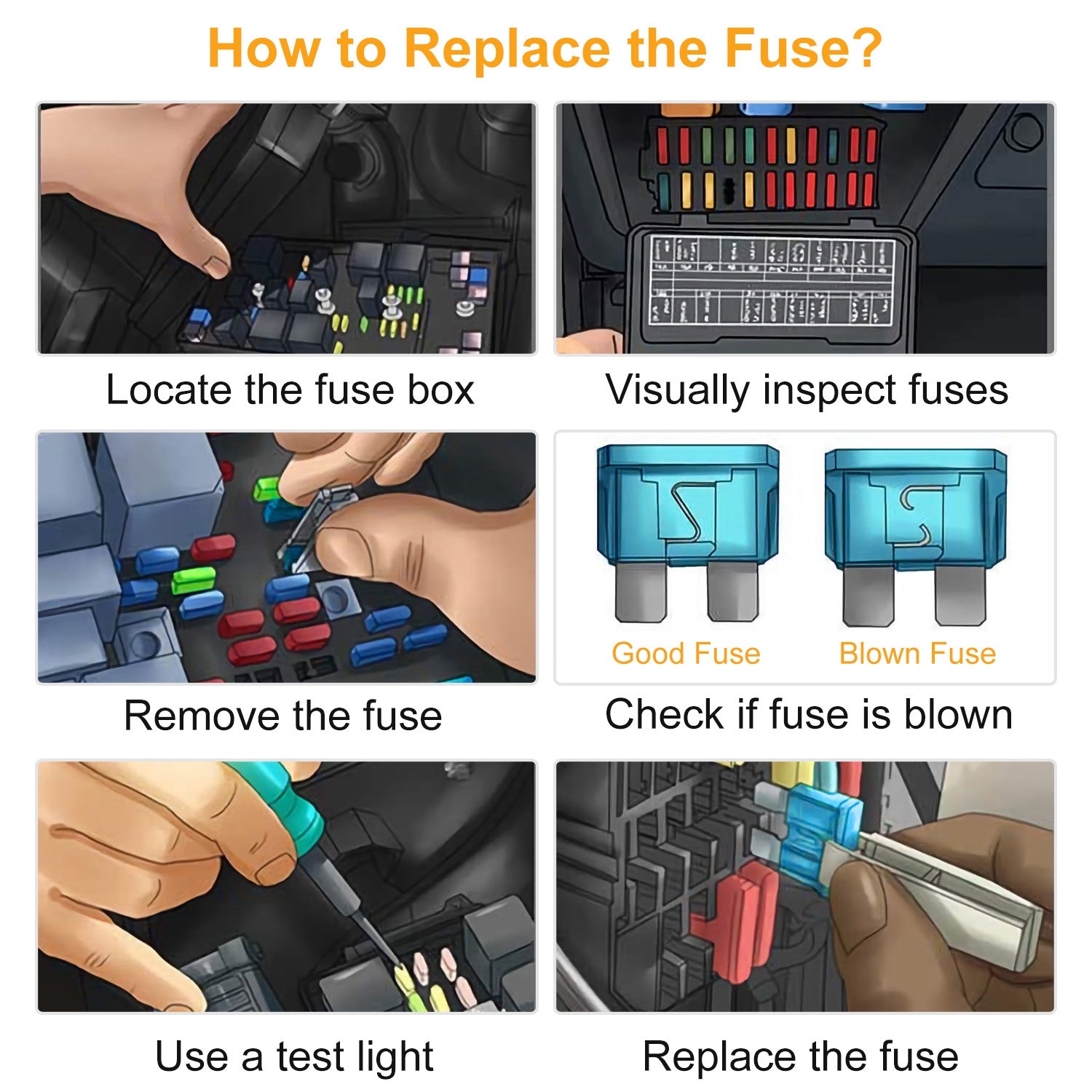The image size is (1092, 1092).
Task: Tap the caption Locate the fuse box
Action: click(290, 389)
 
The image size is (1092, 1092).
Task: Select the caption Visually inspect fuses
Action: click(807, 390)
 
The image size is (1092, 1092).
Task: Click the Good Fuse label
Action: click(686, 654)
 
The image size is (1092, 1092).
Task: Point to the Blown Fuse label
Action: click(917, 654)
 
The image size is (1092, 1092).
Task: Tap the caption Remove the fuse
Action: click(283, 716)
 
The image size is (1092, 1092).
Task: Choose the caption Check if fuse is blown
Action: click(809, 714)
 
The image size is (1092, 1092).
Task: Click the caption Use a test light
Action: click(294, 1057)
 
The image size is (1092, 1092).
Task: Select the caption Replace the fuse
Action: click(801, 1057)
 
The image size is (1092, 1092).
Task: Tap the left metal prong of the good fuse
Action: click(641, 592)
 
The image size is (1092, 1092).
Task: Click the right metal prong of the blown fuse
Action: click(961, 596)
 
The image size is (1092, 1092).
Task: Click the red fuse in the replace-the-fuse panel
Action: click(735, 921)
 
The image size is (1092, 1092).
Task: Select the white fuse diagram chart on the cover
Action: click(772, 280)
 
